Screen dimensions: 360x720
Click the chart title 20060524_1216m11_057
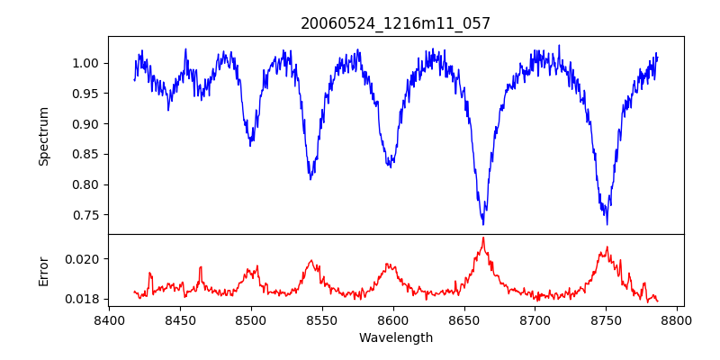coord(396,23)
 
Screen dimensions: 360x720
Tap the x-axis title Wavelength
coord(396,338)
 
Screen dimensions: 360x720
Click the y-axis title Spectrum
coord(44,136)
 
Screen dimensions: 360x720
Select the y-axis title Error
coord(44,270)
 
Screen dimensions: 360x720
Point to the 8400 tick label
coord(109,320)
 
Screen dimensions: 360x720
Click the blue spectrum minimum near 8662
coord(483,223)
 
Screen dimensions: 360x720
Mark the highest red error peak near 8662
coord(483,238)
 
